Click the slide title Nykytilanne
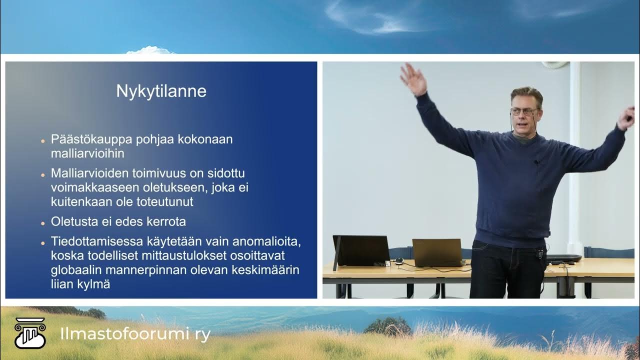pos(161,91)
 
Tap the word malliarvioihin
pos(87,153)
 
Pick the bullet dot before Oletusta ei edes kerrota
pos(43,222)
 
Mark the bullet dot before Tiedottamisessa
pos(43,242)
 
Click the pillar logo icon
pos(30,333)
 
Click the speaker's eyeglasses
pos(524,111)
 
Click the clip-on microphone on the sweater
pos(535,162)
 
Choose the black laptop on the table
pos(361,250)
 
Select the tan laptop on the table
pos(437,252)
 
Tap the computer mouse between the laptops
pos(399,260)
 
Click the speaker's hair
pos(526,94)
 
